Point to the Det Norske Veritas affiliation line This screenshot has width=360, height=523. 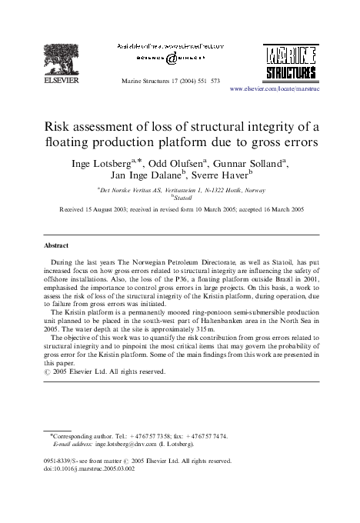[x=180, y=189]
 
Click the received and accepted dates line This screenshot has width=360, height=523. [x=180, y=209]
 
